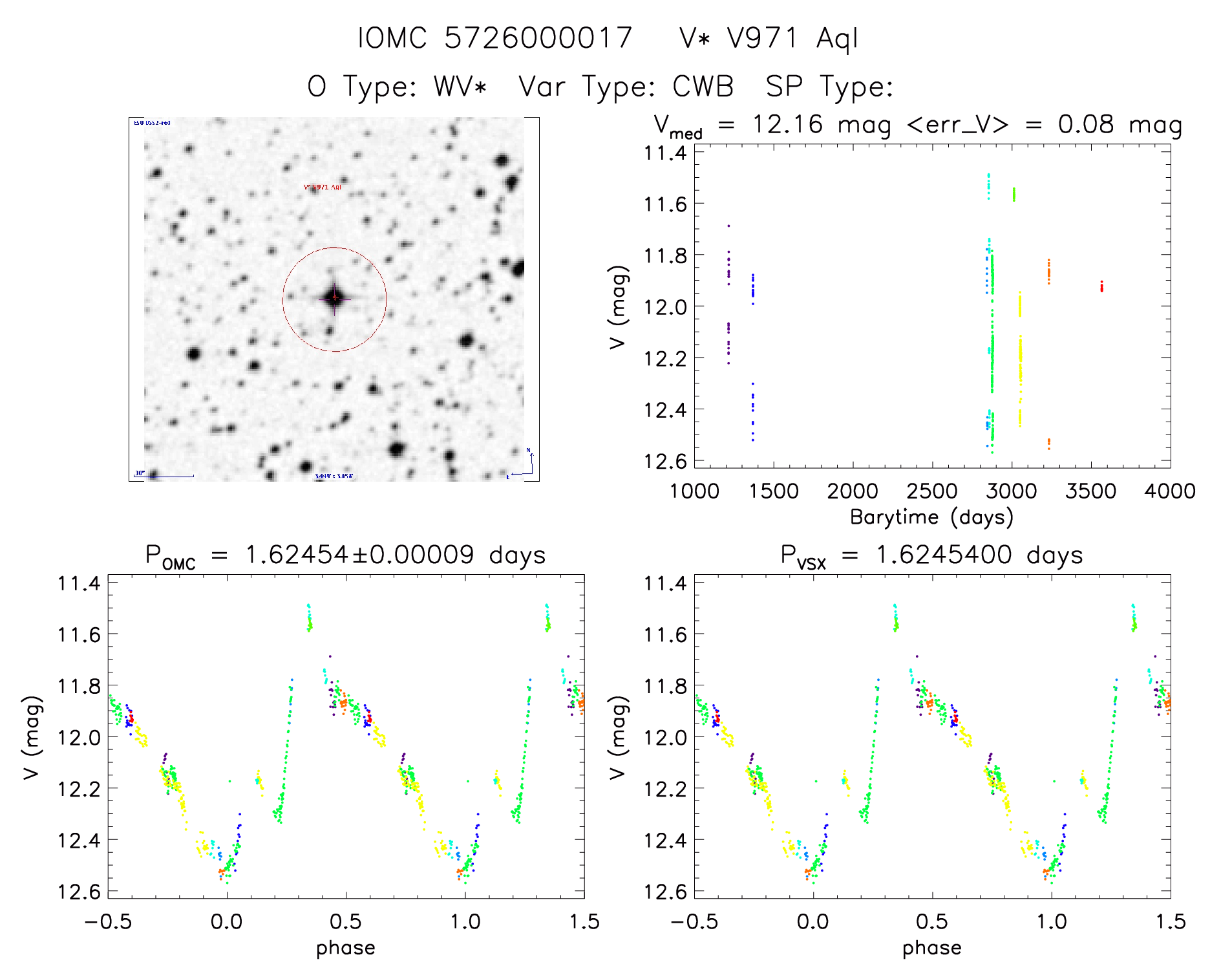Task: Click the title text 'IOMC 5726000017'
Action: click(x=495, y=38)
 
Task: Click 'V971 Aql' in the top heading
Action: click(x=792, y=38)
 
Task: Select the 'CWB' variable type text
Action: click(x=703, y=87)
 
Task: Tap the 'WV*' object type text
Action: click(x=460, y=87)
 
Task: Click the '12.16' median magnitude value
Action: click(x=787, y=124)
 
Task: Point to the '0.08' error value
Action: click(x=1086, y=124)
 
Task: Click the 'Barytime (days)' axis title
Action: click(x=931, y=517)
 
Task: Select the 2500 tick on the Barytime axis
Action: click(x=931, y=491)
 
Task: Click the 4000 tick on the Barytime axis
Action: click(x=1169, y=491)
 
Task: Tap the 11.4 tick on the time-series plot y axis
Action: click(x=665, y=153)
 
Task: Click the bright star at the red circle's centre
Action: click(x=334, y=298)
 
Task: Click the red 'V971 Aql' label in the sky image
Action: click(x=323, y=188)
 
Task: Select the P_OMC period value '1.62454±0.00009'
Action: click(x=359, y=555)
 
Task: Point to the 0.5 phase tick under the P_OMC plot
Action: click(x=346, y=921)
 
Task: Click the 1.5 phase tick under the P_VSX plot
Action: click(x=1169, y=921)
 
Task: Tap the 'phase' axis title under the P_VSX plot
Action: click(x=931, y=948)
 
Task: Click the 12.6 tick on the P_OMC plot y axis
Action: click(x=79, y=892)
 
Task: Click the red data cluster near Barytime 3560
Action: click(x=1101, y=286)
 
